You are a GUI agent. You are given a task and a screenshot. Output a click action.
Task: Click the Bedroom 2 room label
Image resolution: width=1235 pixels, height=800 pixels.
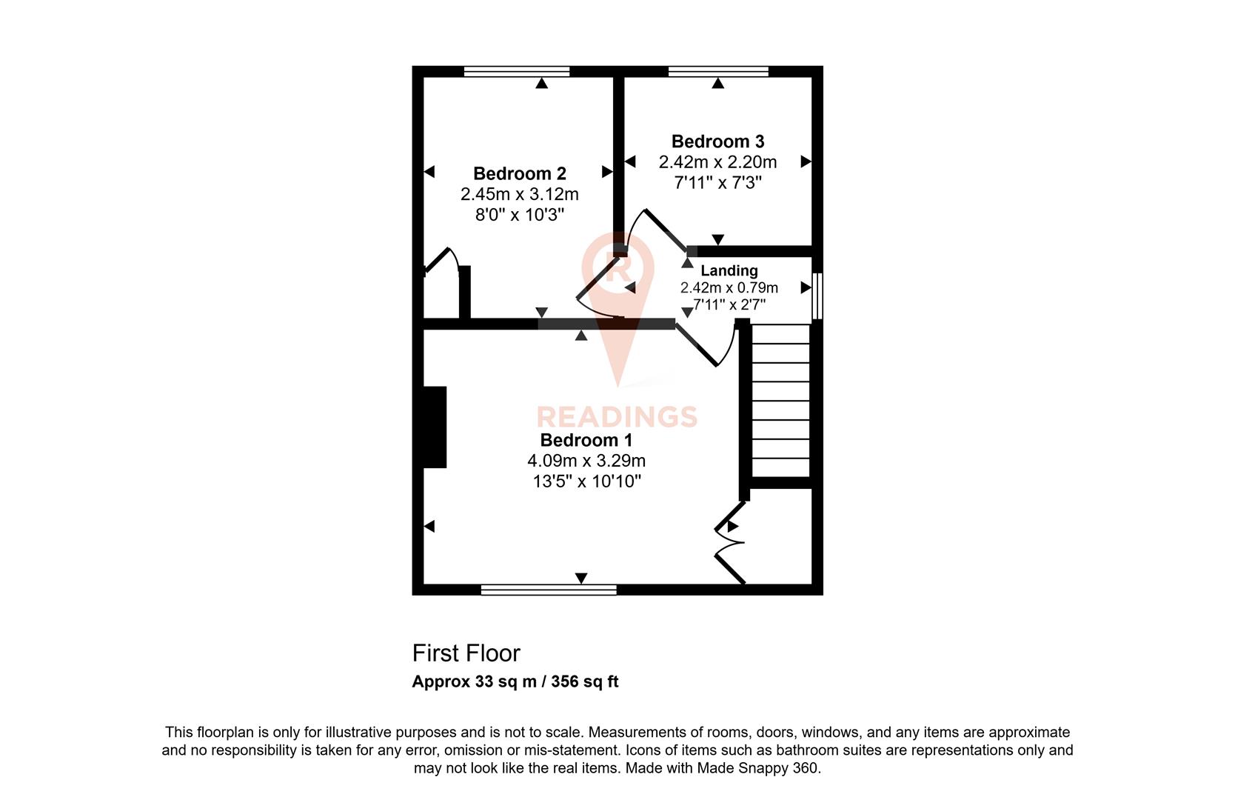coord(519,173)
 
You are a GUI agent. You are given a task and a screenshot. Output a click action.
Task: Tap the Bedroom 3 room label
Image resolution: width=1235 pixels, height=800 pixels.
coord(717,141)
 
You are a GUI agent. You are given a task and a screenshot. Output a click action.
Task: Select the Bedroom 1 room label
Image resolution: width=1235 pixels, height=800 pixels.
coord(586,440)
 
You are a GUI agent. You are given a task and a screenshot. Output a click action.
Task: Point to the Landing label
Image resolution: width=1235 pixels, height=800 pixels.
coord(729,270)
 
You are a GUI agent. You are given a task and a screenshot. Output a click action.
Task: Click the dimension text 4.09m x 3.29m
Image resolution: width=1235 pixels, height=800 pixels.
coord(586,461)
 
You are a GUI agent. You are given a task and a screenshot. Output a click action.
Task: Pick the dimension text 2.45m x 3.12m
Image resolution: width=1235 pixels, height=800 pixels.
coord(519,194)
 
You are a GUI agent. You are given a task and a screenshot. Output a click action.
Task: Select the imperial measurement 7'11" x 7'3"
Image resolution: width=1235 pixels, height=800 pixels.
coord(717,182)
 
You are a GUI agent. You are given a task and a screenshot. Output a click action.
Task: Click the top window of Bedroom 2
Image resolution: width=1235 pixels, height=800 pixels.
coord(517,72)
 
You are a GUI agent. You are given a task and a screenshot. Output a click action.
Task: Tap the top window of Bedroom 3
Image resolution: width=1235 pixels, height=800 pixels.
coord(717,72)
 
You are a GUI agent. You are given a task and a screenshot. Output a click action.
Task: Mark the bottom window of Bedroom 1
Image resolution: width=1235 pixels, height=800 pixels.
coord(548,590)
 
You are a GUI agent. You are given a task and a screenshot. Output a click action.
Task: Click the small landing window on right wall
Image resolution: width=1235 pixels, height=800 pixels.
coord(817,296)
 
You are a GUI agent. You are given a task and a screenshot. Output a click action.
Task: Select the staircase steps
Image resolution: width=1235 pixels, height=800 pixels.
coord(780,401)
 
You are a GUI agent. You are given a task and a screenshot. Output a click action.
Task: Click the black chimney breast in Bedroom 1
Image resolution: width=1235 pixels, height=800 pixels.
coord(435,427)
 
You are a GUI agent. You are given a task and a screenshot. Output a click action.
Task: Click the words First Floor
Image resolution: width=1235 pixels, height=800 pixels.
coord(466,653)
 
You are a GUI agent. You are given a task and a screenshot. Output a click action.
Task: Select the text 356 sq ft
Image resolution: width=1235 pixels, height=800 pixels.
coord(584,682)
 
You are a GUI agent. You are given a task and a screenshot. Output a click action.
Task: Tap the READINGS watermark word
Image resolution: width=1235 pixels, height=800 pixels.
coord(617,416)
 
